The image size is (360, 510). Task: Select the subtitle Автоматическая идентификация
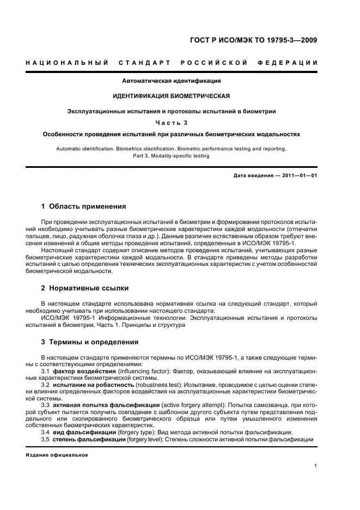click(172, 81)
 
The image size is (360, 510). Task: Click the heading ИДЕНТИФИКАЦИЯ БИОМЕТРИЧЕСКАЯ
click(171, 96)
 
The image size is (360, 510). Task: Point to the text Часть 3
click(171, 122)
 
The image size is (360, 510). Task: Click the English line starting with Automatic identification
click(171, 148)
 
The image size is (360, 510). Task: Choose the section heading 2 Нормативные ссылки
click(85, 288)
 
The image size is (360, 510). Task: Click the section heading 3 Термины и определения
click(90, 342)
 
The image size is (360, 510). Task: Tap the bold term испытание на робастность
click(93, 385)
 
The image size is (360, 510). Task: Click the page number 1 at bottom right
click(316, 465)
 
